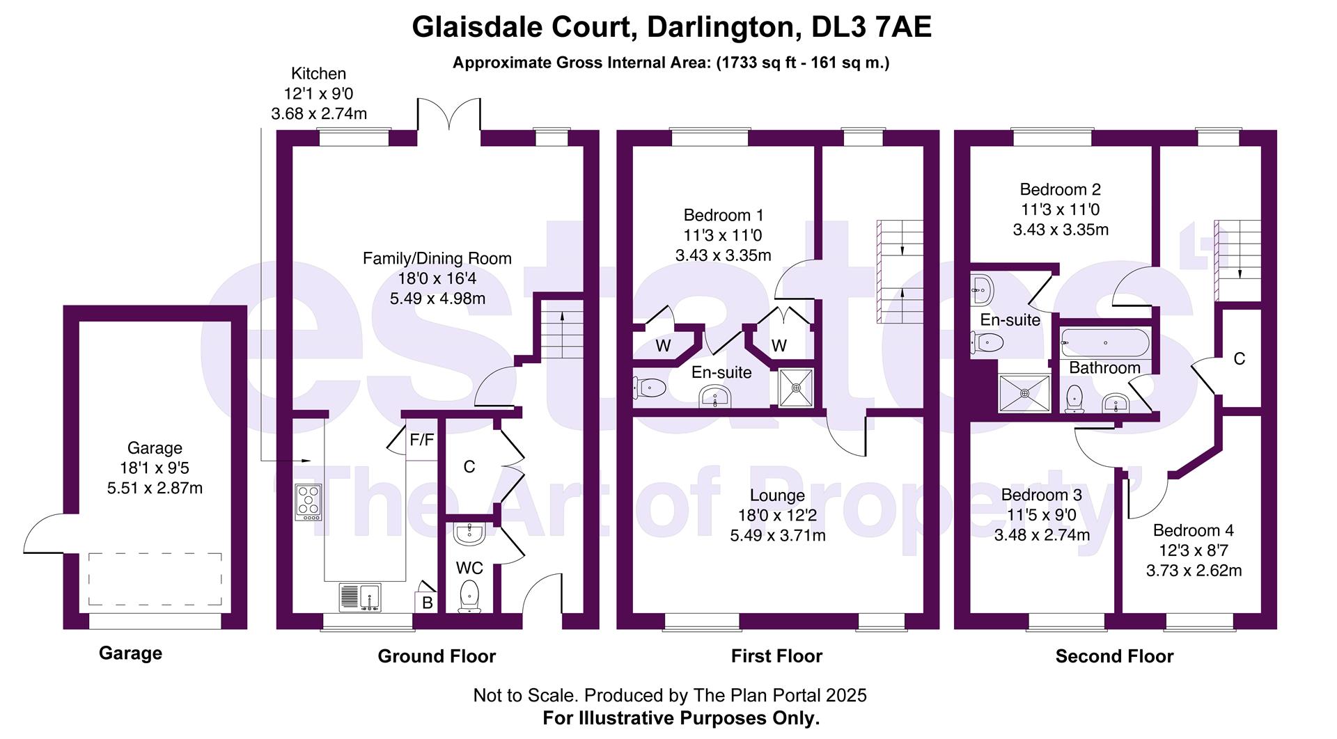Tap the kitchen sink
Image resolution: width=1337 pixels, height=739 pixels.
click(x=361, y=598)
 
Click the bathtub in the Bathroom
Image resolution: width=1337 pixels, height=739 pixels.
click(x=1105, y=343)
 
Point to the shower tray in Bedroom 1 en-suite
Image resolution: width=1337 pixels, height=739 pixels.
click(x=795, y=388)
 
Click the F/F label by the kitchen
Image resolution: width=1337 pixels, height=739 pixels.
click(x=421, y=440)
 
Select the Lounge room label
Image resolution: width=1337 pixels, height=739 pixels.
click(x=777, y=495)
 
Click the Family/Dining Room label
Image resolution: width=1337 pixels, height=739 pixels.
click(x=437, y=259)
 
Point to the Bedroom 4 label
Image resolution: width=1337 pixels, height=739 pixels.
click(x=1193, y=530)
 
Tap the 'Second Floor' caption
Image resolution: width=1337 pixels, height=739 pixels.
click(x=1114, y=656)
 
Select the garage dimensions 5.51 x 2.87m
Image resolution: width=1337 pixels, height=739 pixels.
click(x=155, y=488)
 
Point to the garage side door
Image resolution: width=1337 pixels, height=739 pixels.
click(x=44, y=533)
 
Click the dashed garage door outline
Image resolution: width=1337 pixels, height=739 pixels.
click(x=155, y=580)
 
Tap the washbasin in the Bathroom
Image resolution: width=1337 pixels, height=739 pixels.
click(x=1116, y=402)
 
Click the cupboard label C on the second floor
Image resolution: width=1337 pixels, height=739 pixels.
click(x=1239, y=359)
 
